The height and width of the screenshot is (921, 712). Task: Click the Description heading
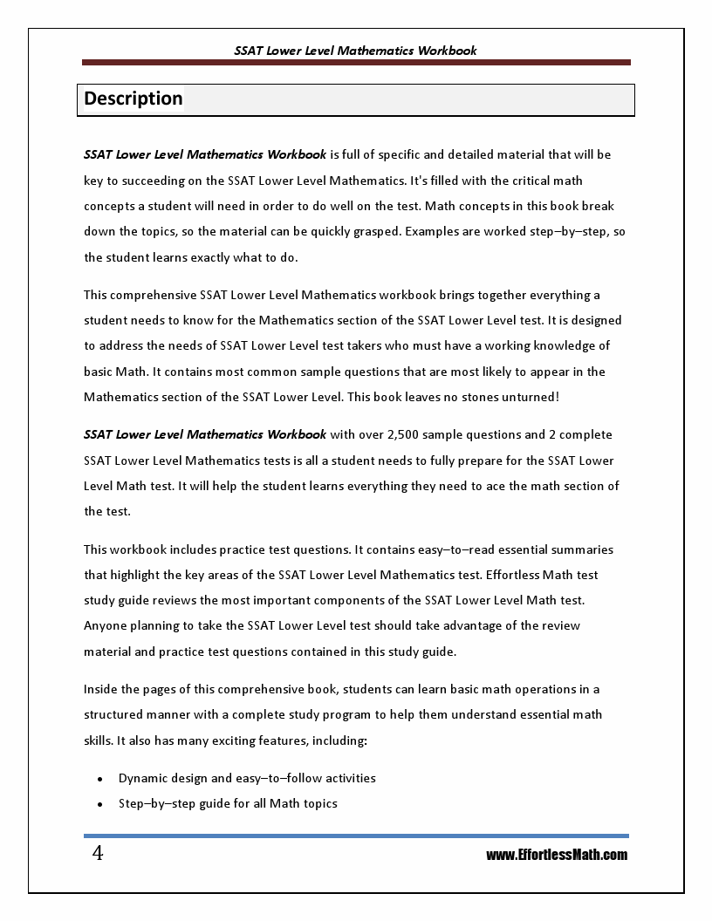click(133, 99)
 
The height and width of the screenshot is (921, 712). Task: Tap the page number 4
click(98, 854)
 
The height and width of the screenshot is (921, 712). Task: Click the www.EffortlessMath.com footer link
click(556, 855)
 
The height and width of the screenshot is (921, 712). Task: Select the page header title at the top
click(355, 51)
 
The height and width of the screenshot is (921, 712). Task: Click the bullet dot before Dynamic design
click(100, 779)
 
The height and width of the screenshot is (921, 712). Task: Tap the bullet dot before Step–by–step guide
click(100, 804)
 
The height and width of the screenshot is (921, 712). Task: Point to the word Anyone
click(105, 625)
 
